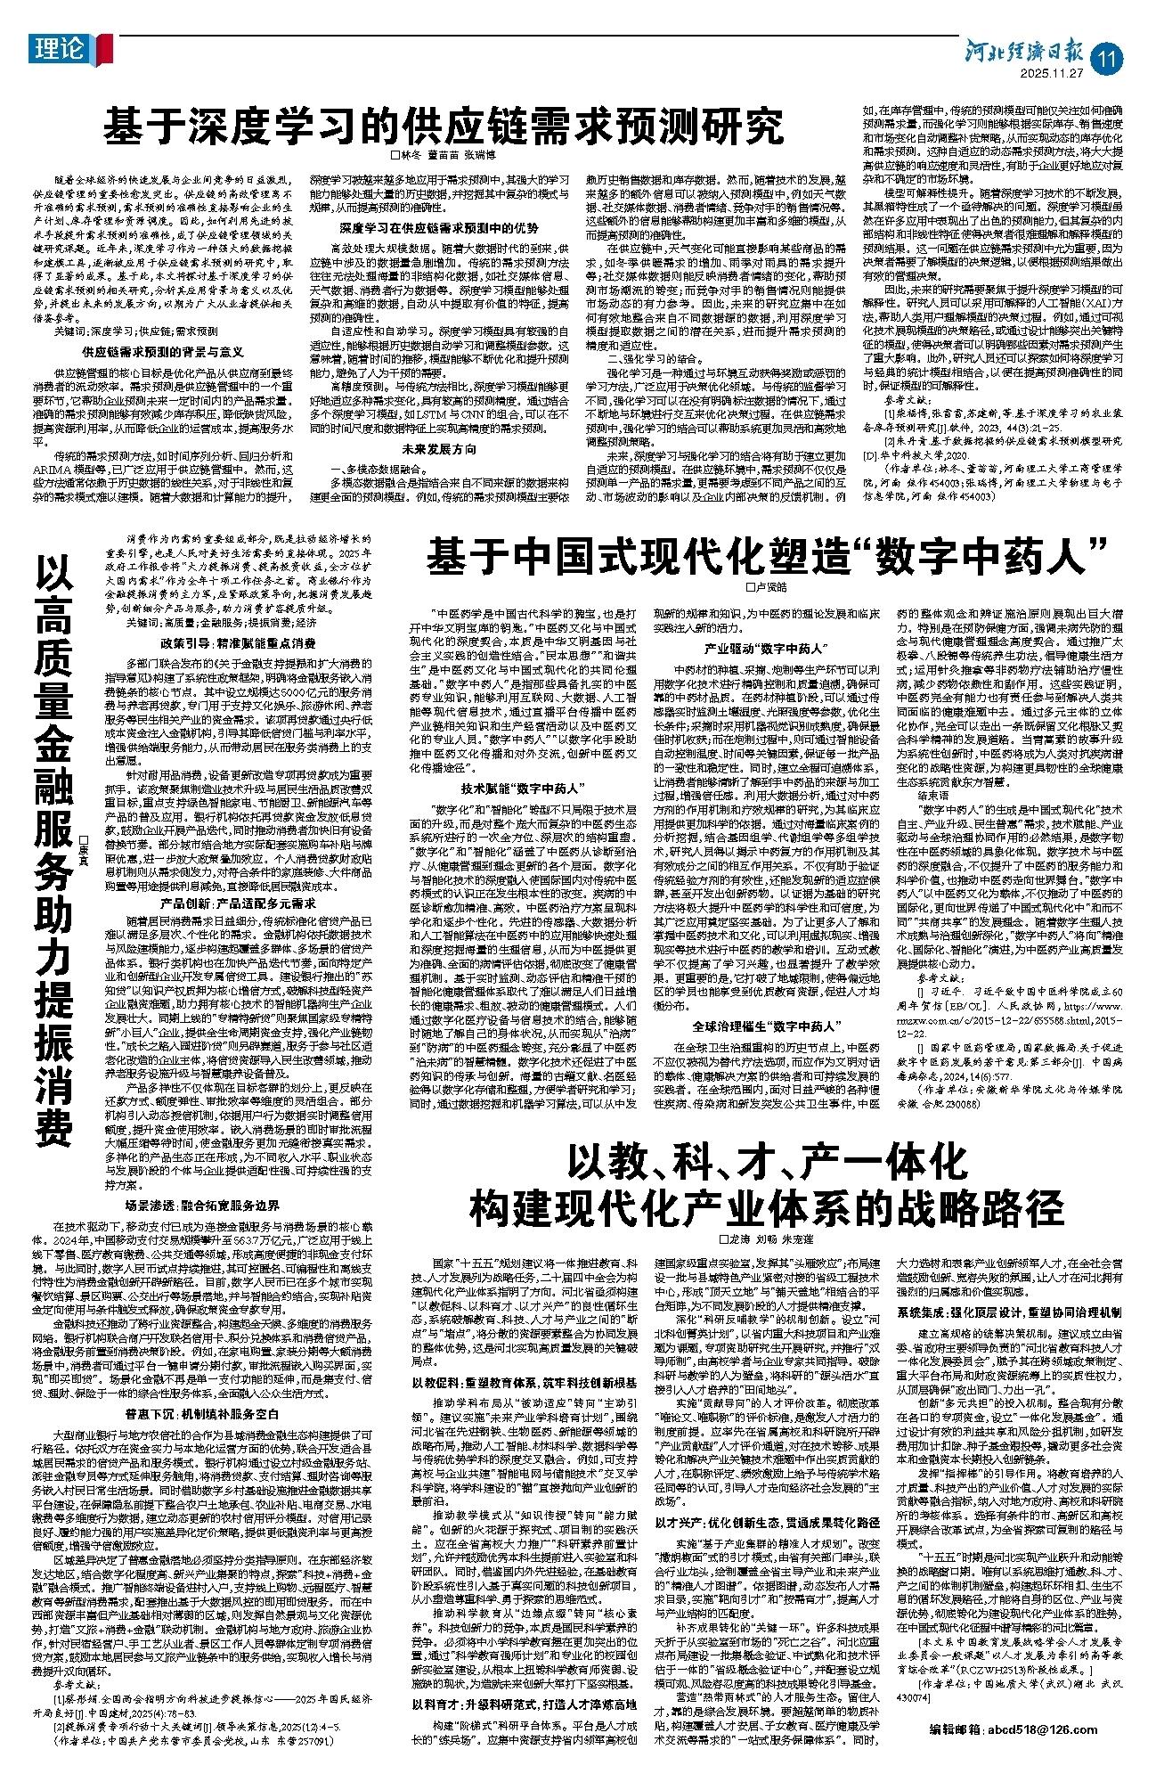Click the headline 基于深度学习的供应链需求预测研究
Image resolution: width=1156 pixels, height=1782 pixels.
pyautogui.click(x=443, y=127)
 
